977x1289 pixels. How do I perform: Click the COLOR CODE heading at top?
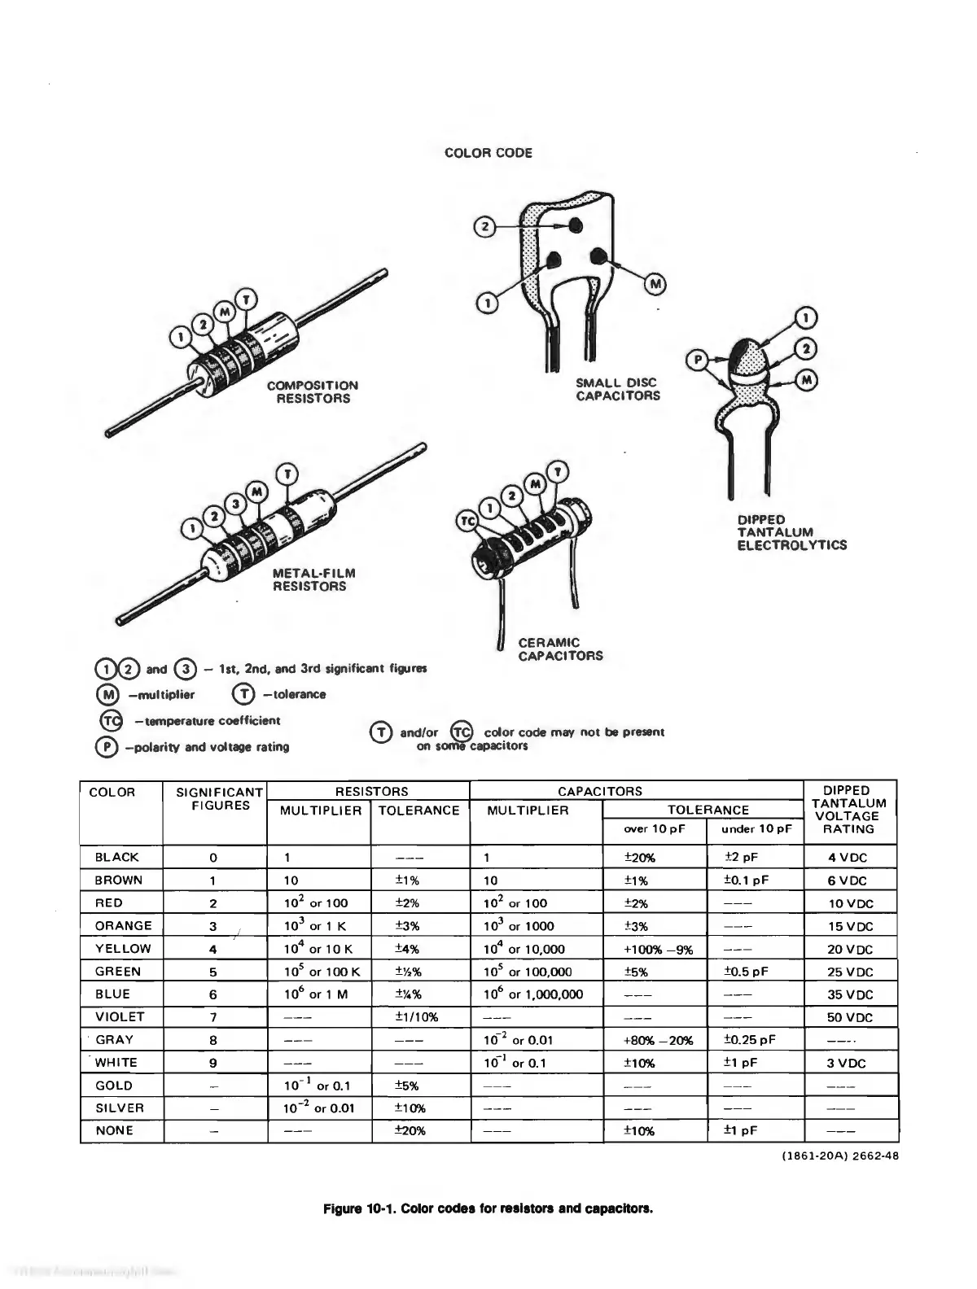tap(488, 153)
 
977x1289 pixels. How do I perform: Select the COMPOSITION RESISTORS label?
tap(312, 391)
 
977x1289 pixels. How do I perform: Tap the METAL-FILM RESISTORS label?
tap(313, 579)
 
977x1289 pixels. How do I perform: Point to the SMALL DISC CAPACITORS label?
tap(618, 389)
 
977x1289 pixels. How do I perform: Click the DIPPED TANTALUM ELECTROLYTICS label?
tap(791, 532)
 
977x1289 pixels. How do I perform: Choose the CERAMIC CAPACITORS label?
tap(560, 649)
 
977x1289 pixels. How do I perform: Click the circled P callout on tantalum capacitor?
tap(696, 360)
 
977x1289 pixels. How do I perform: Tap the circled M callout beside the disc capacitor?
tap(656, 283)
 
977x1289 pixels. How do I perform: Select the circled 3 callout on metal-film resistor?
tap(235, 504)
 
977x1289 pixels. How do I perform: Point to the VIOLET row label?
tap(120, 1016)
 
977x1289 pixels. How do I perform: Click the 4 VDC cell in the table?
tap(848, 857)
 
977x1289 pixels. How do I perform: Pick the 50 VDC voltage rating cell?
tap(849, 1017)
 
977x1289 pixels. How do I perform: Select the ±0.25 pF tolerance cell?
tap(749, 1039)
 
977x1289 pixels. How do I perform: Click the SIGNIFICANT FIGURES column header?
tap(214, 798)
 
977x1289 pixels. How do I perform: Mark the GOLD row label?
tap(114, 1085)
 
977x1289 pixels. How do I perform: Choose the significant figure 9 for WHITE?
tap(213, 1062)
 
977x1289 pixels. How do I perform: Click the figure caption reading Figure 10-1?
tap(488, 1208)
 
